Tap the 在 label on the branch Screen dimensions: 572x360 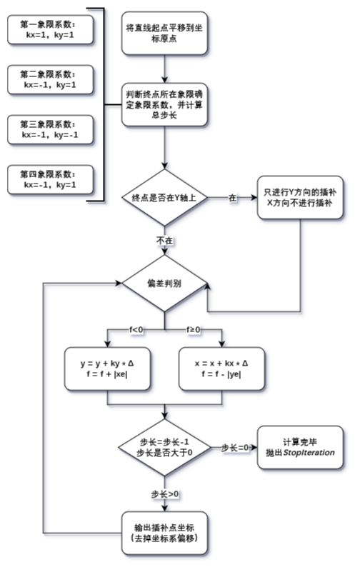tap(232, 197)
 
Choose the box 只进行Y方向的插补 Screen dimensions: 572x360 tap(299, 198)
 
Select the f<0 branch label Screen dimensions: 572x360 tap(136, 330)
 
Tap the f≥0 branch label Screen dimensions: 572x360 tap(194, 330)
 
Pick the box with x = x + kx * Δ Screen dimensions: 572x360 tap(222, 368)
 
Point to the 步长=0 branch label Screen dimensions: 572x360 tap(234, 447)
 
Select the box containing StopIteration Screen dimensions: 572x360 tap(299, 447)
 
